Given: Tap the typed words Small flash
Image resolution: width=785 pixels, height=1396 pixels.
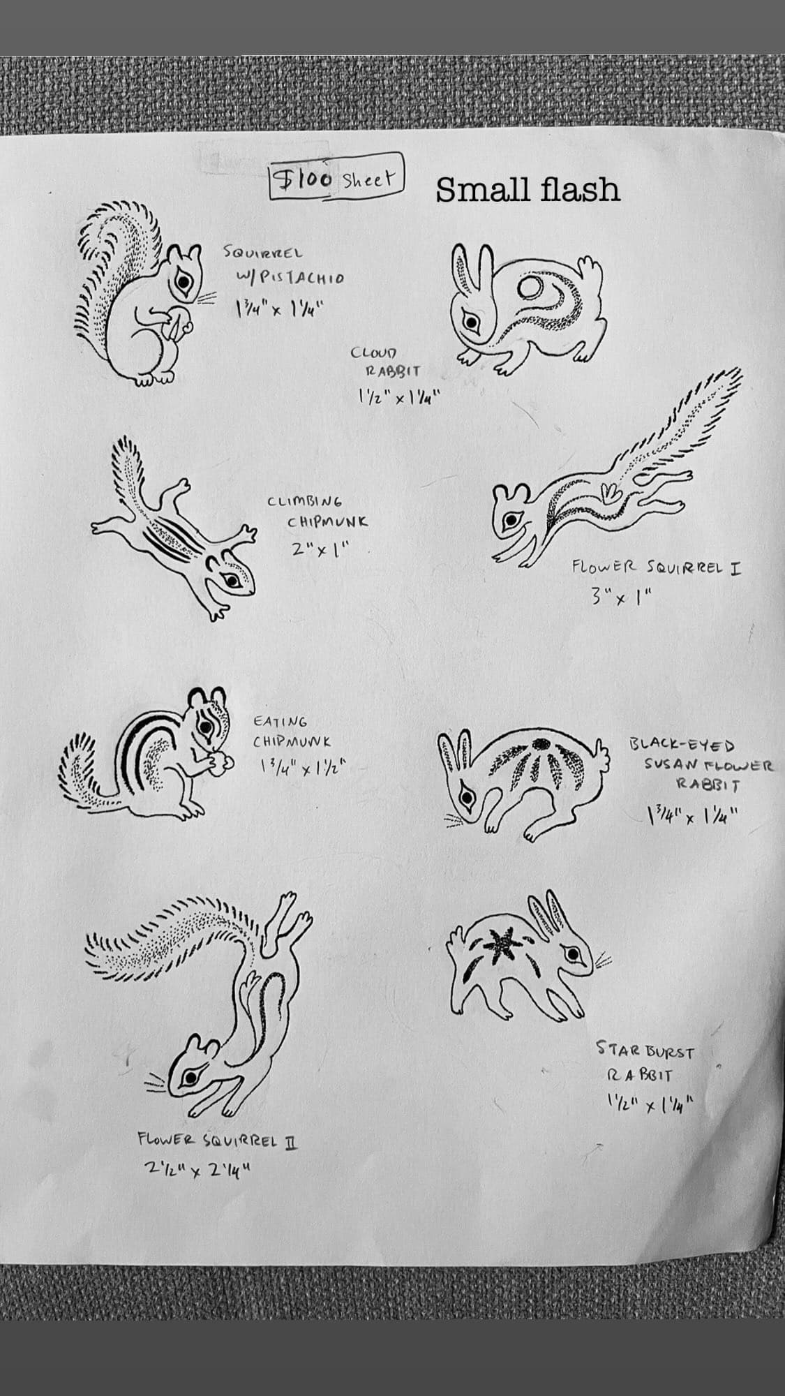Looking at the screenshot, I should (528, 189).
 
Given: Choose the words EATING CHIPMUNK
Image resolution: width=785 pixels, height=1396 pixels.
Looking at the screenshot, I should (291, 732).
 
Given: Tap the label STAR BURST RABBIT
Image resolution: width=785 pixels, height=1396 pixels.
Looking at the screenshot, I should (644, 1060).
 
